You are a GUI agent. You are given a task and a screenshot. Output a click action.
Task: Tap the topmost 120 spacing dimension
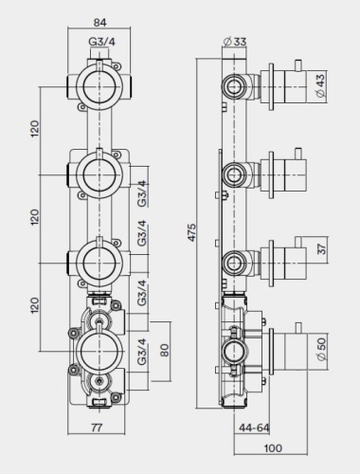point(35,131)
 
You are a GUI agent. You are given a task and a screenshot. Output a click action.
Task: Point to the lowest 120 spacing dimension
point(35,305)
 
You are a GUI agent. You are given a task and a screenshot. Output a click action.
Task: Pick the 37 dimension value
point(320,251)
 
